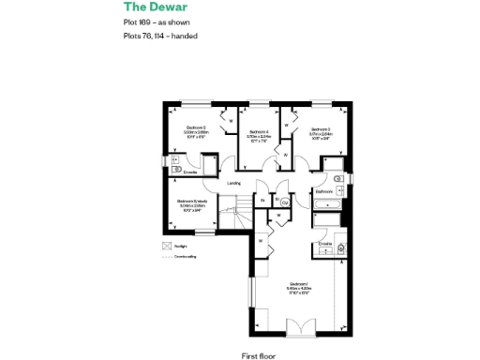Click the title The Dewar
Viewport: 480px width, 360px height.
(149, 8)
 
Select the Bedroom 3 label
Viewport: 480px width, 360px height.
(321, 129)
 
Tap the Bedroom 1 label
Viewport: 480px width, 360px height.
(299, 284)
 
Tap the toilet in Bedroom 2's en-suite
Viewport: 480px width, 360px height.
(175, 170)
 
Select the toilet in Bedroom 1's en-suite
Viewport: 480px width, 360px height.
(341, 248)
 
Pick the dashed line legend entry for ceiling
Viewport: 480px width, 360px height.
(167, 256)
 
